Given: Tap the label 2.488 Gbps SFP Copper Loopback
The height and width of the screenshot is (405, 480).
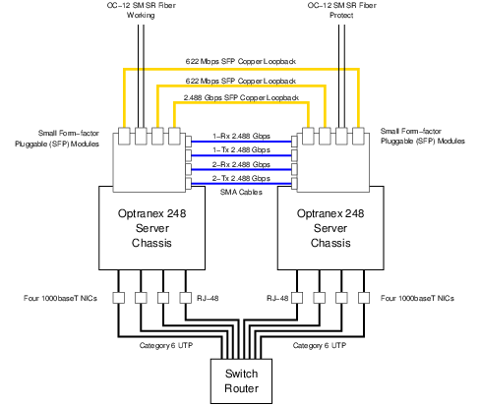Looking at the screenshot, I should pos(242,98).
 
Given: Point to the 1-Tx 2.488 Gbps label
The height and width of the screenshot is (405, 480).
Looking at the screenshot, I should pos(242,150).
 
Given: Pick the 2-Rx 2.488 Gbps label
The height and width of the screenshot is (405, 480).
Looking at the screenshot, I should pos(242,164).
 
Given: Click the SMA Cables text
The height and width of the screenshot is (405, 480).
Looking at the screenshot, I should pos(242,194).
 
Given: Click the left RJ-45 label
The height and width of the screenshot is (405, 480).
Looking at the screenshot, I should pos(205,295).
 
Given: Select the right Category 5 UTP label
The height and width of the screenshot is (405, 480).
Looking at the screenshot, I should pos(321,345).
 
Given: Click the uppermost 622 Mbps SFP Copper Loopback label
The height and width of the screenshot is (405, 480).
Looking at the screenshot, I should pos(242,61).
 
